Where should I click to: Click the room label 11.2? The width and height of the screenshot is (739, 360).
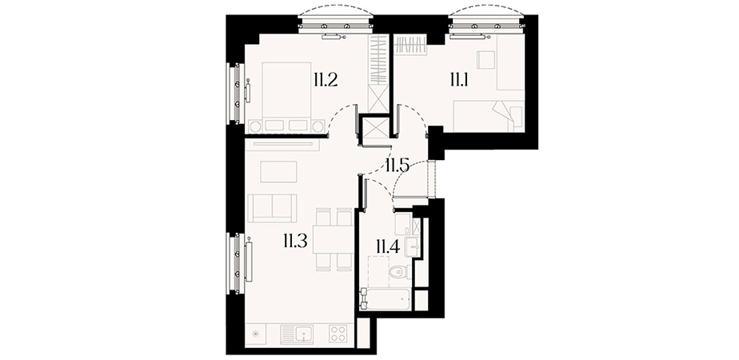(326, 81)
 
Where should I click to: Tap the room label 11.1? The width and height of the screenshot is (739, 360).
(458, 81)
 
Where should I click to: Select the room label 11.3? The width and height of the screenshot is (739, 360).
(295, 242)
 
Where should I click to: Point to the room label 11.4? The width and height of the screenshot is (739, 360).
(388, 246)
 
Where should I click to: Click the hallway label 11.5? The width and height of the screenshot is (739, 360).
(397, 165)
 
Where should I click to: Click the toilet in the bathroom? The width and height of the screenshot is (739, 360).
(399, 272)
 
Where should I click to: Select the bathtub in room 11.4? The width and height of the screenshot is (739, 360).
(385, 298)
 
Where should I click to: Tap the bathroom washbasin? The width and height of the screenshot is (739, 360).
(412, 247)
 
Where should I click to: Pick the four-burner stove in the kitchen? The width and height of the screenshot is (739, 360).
(338, 334)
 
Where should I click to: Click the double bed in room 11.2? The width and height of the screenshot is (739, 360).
(286, 97)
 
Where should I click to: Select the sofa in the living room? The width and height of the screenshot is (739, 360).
(272, 208)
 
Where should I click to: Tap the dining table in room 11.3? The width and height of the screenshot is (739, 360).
(334, 239)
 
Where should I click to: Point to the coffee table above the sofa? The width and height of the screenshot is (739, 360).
(278, 171)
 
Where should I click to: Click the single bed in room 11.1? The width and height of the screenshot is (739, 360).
(488, 116)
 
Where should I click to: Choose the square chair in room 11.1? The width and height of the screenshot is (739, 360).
(485, 60)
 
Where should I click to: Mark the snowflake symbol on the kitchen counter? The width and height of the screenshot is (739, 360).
(255, 334)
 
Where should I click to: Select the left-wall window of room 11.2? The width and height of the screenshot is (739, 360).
(236, 94)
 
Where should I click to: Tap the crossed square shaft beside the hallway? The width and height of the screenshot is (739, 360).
(374, 127)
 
